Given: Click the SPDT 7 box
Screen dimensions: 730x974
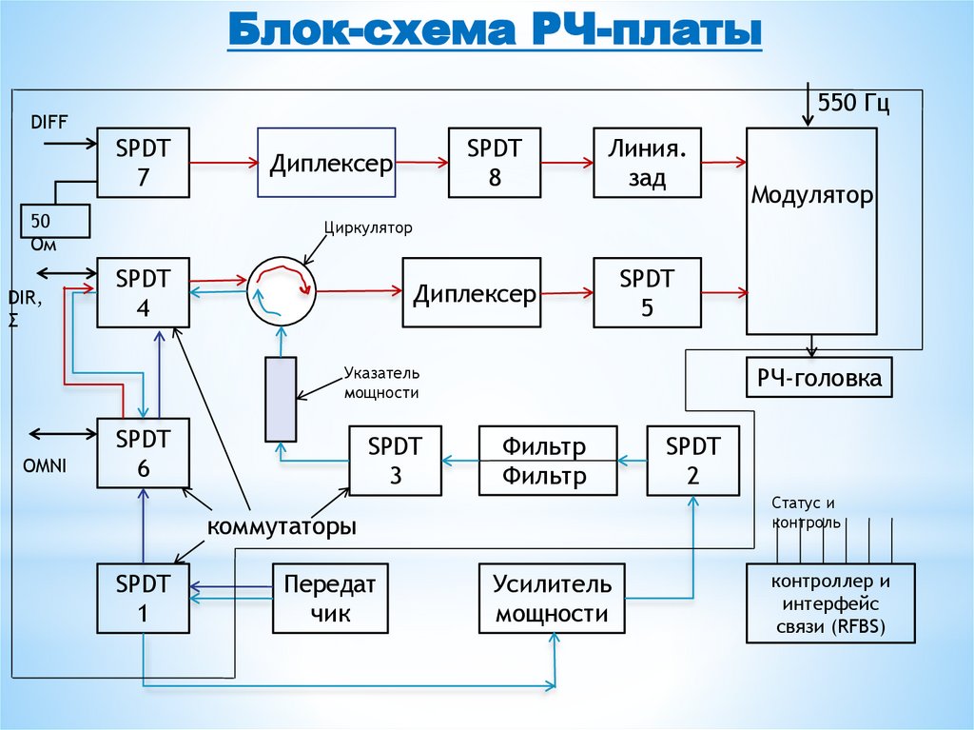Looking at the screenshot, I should click(x=143, y=163).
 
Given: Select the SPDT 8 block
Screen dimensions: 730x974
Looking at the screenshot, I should click(x=495, y=162).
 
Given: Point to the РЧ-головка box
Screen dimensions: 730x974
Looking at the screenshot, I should click(x=819, y=379).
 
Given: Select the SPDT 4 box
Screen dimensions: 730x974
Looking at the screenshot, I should click(x=143, y=293).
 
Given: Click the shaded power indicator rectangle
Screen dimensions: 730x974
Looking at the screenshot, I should click(x=281, y=399).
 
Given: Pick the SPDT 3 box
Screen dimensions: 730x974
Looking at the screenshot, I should click(x=396, y=461).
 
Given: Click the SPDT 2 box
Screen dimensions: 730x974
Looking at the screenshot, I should click(x=693, y=461).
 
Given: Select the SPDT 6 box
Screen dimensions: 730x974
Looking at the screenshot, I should click(x=143, y=453).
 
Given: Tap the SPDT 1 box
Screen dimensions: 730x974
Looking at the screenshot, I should click(x=143, y=598).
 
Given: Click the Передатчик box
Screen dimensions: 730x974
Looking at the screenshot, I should click(x=330, y=599).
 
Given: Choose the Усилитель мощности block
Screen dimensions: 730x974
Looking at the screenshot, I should click(x=552, y=599).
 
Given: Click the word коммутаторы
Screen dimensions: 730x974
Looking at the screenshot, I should click(x=282, y=526).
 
